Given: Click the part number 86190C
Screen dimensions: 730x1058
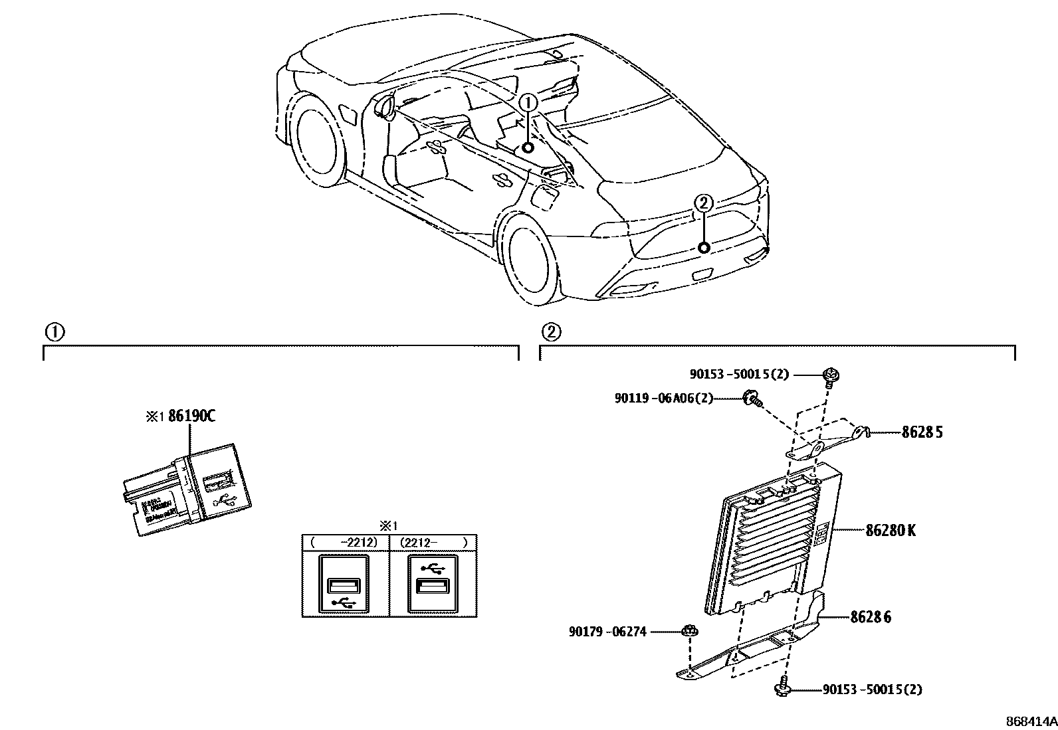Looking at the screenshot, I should [x=191, y=416].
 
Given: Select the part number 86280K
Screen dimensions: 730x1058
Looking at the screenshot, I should [x=891, y=531].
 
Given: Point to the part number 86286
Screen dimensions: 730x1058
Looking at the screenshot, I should [x=871, y=617].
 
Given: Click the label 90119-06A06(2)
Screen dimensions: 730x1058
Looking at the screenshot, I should [x=663, y=398].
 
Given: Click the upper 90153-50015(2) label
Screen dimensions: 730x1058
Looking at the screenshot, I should [x=738, y=374].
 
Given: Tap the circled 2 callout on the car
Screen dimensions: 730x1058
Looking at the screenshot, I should [x=704, y=203].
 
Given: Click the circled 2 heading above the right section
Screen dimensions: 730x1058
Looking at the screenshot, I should [x=550, y=331].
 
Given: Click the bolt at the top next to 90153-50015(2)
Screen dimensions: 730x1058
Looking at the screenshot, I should [x=829, y=376].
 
